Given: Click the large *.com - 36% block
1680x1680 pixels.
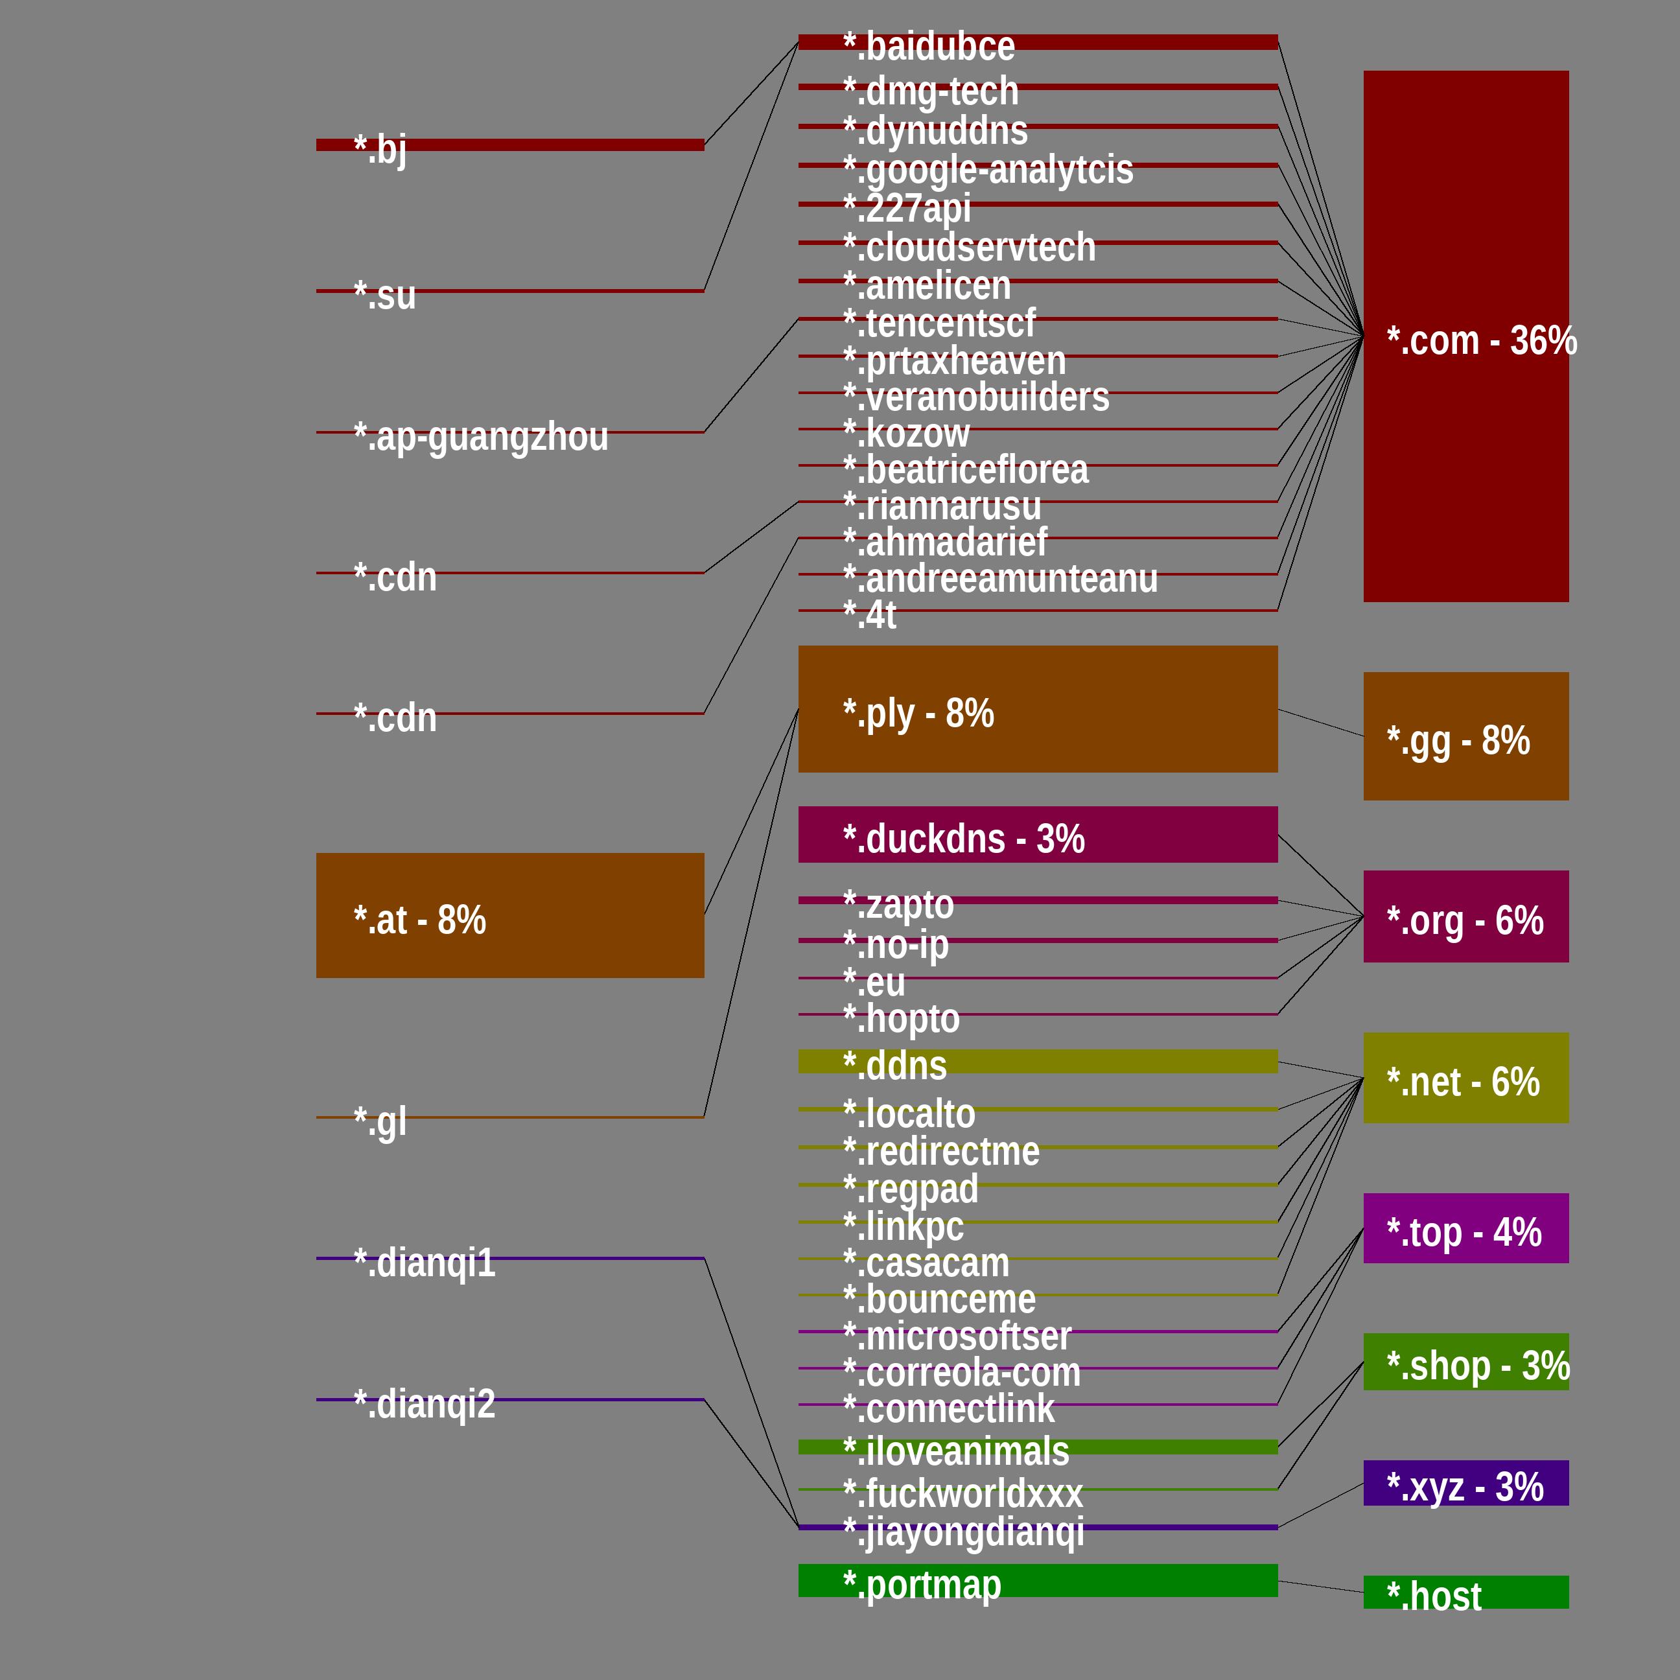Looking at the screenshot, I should (x=1465, y=336).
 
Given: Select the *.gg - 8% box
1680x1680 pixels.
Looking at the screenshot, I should (x=1465, y=736).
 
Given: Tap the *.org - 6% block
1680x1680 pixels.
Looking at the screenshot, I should (x=1465, y=916).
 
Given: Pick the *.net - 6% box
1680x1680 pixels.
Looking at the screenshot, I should (x=1465, y=1079).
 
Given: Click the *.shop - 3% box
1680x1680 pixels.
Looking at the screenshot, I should (x=1465, y=1362).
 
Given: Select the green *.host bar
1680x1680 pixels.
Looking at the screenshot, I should (x=1465, y=1592).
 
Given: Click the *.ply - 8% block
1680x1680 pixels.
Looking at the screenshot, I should (x=1038, y=708).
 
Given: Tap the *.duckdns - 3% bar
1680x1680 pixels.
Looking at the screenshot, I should (x=1038, y=835).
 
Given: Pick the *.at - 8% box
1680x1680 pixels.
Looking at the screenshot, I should (x=509, y=916).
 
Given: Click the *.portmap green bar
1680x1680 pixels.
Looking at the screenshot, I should (x=1038, y=1581).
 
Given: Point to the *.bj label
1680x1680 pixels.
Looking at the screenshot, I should (x=380, y=148).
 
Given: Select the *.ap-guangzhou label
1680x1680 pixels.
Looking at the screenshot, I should (x=481, y=436).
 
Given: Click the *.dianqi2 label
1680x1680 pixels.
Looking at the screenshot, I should (x=425, y=1403).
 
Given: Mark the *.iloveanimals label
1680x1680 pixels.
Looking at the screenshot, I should (x=955, y=1451).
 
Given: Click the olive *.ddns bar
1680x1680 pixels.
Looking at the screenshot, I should (x=1038, y=1062).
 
